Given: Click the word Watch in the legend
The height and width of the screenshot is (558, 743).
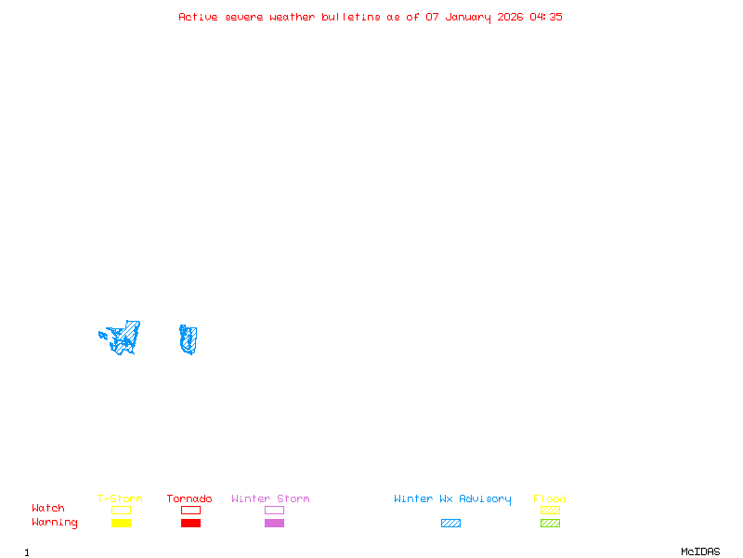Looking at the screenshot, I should point(48,509).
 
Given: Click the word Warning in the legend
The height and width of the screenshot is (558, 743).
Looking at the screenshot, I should point(55,523).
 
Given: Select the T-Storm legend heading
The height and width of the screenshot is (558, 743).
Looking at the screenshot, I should point(120,499).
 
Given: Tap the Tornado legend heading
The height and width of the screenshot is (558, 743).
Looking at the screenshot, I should point(189,499).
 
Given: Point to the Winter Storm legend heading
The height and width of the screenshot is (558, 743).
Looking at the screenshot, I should point(270,499).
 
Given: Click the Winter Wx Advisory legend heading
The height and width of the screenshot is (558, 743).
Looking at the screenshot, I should point(452,499).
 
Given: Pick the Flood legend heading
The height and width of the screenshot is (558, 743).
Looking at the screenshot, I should point(550,499).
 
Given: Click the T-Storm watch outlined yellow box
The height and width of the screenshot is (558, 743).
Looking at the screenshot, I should point(121,510).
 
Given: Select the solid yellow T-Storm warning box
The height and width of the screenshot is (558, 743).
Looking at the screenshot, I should point(121,523).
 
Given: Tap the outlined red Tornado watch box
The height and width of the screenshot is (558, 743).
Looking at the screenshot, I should point(190,510).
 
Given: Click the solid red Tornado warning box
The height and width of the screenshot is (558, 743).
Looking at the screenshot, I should point(190,523).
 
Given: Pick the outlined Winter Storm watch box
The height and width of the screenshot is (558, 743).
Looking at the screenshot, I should point(274,510).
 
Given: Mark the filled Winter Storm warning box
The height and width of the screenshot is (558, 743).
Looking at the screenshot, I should point(274,523).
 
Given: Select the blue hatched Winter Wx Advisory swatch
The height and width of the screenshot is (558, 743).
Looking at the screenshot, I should point(450,523).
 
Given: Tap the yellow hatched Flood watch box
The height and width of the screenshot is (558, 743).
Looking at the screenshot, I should point(550,510).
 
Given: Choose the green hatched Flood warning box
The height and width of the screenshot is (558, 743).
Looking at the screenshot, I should point(550,523).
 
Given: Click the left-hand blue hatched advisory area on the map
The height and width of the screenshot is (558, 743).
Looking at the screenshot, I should point(124,338).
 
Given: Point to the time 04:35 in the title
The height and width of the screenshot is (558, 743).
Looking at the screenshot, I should point(546,17).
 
